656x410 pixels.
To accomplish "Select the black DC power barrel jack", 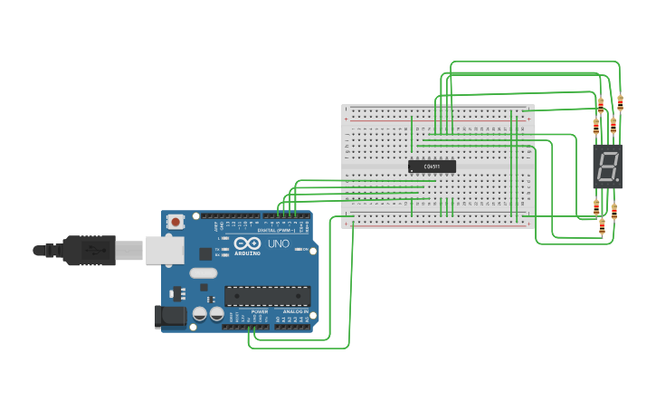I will click(170, 317).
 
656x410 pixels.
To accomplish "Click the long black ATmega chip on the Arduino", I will click(267, 296).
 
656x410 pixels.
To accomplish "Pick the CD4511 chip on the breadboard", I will click(432, 167).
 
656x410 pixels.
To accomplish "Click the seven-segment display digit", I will click(606, 166).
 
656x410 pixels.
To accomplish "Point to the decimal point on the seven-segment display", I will click(617, 179).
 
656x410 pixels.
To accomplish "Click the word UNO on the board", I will click(279, 243).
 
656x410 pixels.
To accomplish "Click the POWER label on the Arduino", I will click(260, 311).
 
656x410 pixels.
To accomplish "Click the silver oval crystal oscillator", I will click(204, 272).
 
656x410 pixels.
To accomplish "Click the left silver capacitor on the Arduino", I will click(201, 314).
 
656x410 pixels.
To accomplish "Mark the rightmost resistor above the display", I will click(620, 102).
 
